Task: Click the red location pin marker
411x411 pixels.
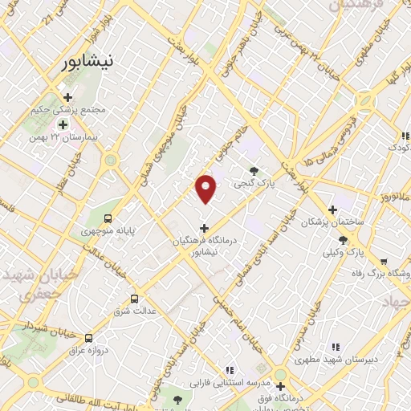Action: [206, 188]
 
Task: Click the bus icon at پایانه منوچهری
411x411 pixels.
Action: [108, 218]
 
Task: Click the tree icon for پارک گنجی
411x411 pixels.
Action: [254, 170]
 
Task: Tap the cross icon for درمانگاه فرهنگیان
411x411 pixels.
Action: [204, 227]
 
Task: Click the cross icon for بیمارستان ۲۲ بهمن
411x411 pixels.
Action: [63, 124]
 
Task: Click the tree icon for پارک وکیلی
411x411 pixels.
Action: [344, 239]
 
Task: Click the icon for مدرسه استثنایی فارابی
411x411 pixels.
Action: [230, 370]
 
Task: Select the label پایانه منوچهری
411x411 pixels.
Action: [108, 231]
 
